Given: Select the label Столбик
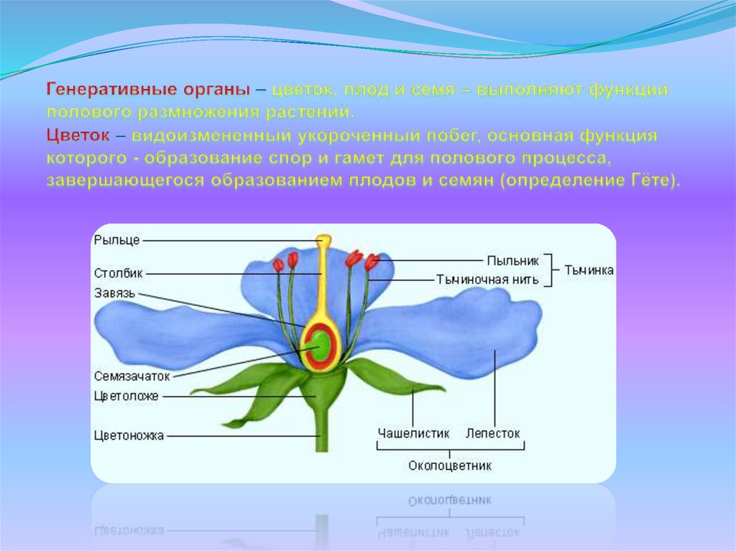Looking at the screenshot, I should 119,273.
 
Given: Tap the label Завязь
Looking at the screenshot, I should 114,292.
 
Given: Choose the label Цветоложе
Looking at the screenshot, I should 126,396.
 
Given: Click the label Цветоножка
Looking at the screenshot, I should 129,435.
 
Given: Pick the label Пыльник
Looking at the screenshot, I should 512,260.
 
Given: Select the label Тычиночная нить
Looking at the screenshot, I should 487,279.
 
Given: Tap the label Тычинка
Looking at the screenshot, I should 589,270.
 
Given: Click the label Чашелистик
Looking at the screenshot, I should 413,434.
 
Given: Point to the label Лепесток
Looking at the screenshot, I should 493,434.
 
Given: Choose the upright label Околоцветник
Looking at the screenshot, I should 450,466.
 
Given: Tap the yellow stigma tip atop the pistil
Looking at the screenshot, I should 325,239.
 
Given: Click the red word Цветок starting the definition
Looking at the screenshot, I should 78,136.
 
